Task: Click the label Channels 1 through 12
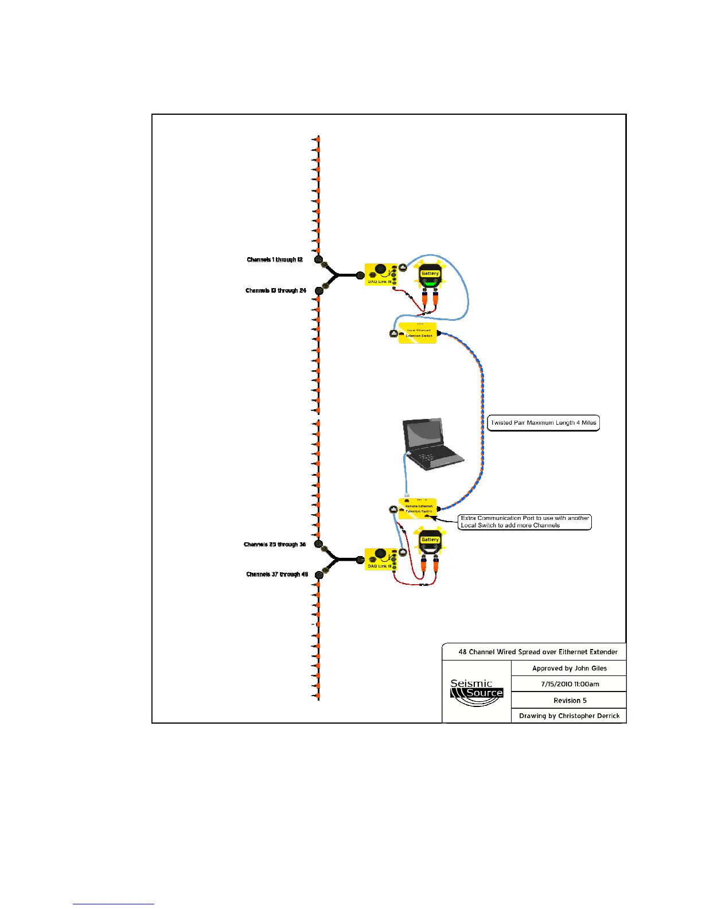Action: [275, 260]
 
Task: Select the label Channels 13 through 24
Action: [276, 290]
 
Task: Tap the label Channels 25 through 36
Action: [275, 544]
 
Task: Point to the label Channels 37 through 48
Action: [277, 574]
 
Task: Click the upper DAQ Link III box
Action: [380, 274]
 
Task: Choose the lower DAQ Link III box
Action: [380, 559]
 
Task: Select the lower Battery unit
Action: [430, 542]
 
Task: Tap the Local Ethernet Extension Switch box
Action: [418, 333]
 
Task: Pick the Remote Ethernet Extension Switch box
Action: [418, 508]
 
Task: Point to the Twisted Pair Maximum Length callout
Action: [543, 423]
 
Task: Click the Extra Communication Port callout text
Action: [525, 522]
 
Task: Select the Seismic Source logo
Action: [477, 692]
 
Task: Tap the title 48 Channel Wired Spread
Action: [537, 652]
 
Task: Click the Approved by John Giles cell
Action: [569, 668]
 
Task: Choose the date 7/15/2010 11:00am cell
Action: [570, 684]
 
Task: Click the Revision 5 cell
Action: [570, 700]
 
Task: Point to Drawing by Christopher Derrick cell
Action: [569, 716]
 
